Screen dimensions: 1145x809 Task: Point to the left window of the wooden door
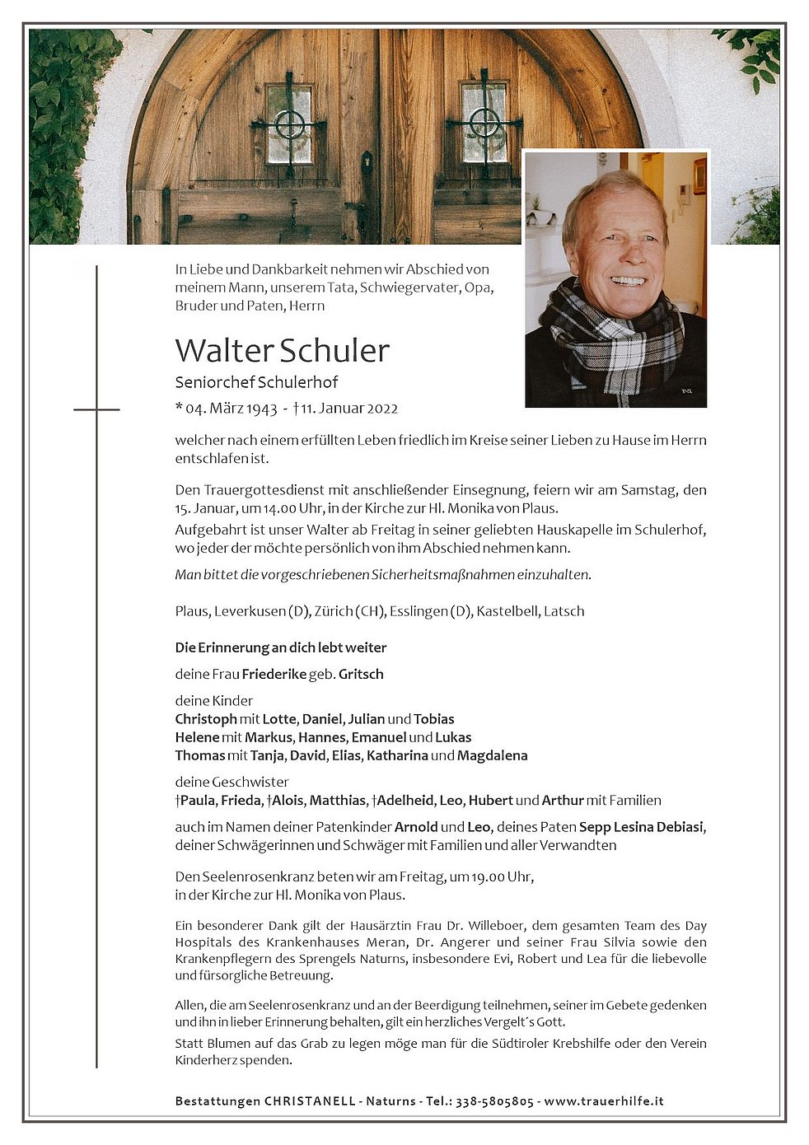click(x=289, y=124)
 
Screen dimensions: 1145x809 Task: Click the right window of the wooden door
click(x=484, y=123)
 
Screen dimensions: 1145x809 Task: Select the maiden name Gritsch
click(x=361, y=674)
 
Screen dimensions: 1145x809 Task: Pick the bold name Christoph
click(x=206, y=719)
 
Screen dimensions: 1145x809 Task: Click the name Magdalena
click(x=492, y=755)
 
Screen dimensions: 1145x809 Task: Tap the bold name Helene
click(x=197, y=737)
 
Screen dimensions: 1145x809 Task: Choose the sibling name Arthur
click(x=563, y=800)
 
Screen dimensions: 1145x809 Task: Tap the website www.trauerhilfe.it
click(x=604, y=1101)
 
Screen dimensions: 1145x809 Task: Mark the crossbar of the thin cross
click(x=96, y=409)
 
